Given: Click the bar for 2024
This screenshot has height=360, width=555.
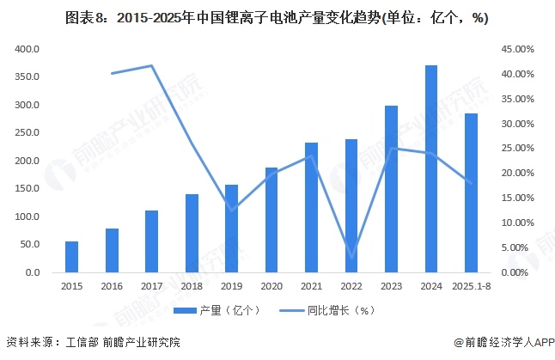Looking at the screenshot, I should point(430,169).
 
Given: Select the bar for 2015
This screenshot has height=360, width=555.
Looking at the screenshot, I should point(71,257).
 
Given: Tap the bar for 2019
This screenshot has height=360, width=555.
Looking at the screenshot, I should point(231,229).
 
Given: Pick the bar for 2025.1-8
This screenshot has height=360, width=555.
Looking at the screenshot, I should point(471,193).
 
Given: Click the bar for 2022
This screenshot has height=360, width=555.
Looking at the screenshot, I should point(351,206).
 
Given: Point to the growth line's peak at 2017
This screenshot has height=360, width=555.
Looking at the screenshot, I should point(151,65).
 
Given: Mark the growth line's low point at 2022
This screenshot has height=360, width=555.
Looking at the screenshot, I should point(351,255).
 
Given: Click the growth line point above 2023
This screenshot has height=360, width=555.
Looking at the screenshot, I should point(391,149).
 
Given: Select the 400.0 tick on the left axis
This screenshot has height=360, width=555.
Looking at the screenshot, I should point(27,50).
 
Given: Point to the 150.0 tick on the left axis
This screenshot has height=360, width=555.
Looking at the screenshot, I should point(27,189).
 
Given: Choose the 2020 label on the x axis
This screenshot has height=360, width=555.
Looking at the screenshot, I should point(271,285).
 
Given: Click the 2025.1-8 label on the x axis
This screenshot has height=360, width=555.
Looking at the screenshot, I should point(471,285).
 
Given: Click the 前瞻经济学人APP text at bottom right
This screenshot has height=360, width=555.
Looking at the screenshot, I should point(503,342).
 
